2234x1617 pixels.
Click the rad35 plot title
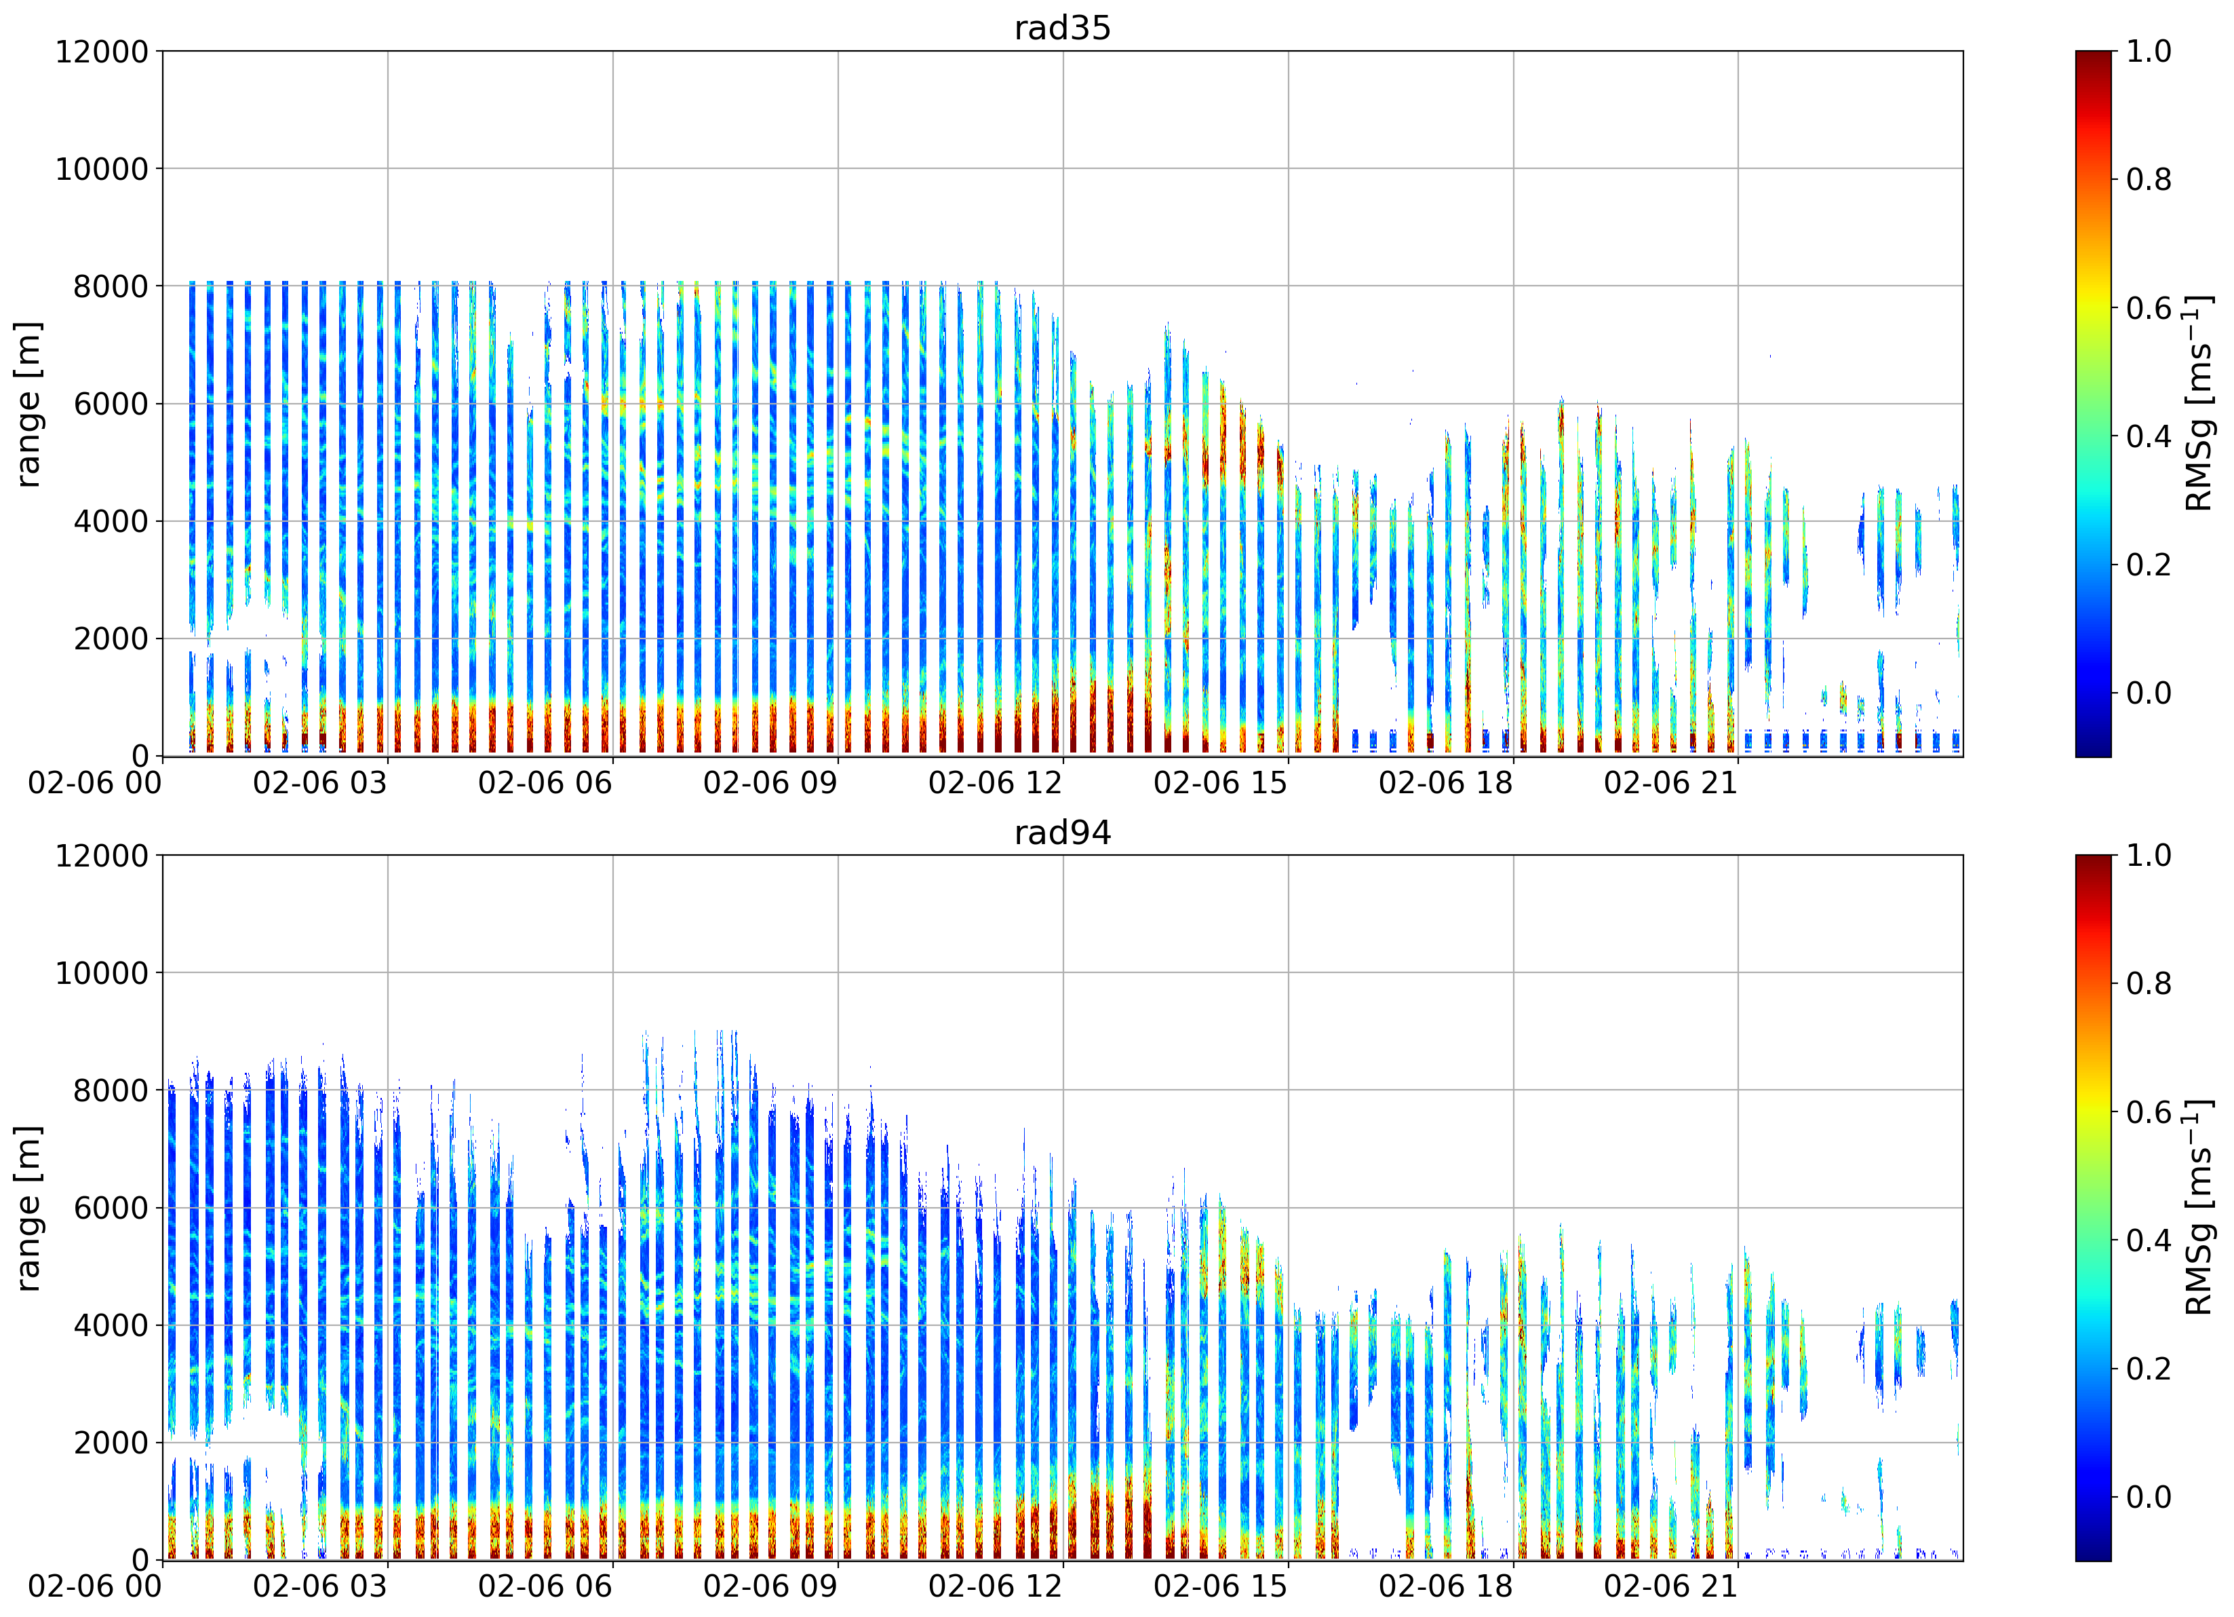click(1062, 28)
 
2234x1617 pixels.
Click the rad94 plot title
click(1062, 833)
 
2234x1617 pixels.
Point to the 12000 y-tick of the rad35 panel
click(102, 52)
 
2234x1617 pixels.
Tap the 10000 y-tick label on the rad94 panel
click(102, 972)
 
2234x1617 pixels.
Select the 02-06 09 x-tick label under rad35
click(770, 783)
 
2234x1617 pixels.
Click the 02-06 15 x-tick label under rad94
click(1221, 1587)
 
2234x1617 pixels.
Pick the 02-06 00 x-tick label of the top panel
click(94, 783)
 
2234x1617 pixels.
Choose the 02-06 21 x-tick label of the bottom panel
click(1670, 1587)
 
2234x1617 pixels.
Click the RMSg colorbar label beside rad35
click(2199, 404)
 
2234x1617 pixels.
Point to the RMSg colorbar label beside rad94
click(2199, 1208)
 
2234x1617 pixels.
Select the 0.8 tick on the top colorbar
click(2147, 179)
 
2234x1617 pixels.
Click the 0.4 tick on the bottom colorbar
click(2147, 1240)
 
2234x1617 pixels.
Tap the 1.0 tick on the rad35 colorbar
click(2147, 52)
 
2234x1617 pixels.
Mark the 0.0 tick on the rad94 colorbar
click(2147, 1497)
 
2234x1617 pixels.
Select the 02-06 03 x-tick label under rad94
click(320, 1587)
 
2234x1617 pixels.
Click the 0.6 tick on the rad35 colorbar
click(2147, 309)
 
